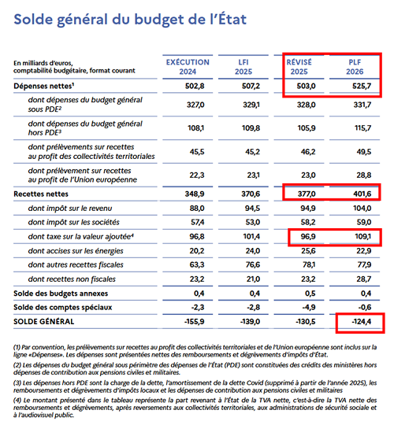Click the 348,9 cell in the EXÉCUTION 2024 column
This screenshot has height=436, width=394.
coord(196,192)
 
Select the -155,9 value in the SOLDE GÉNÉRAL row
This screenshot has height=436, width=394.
coord(195,321)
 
